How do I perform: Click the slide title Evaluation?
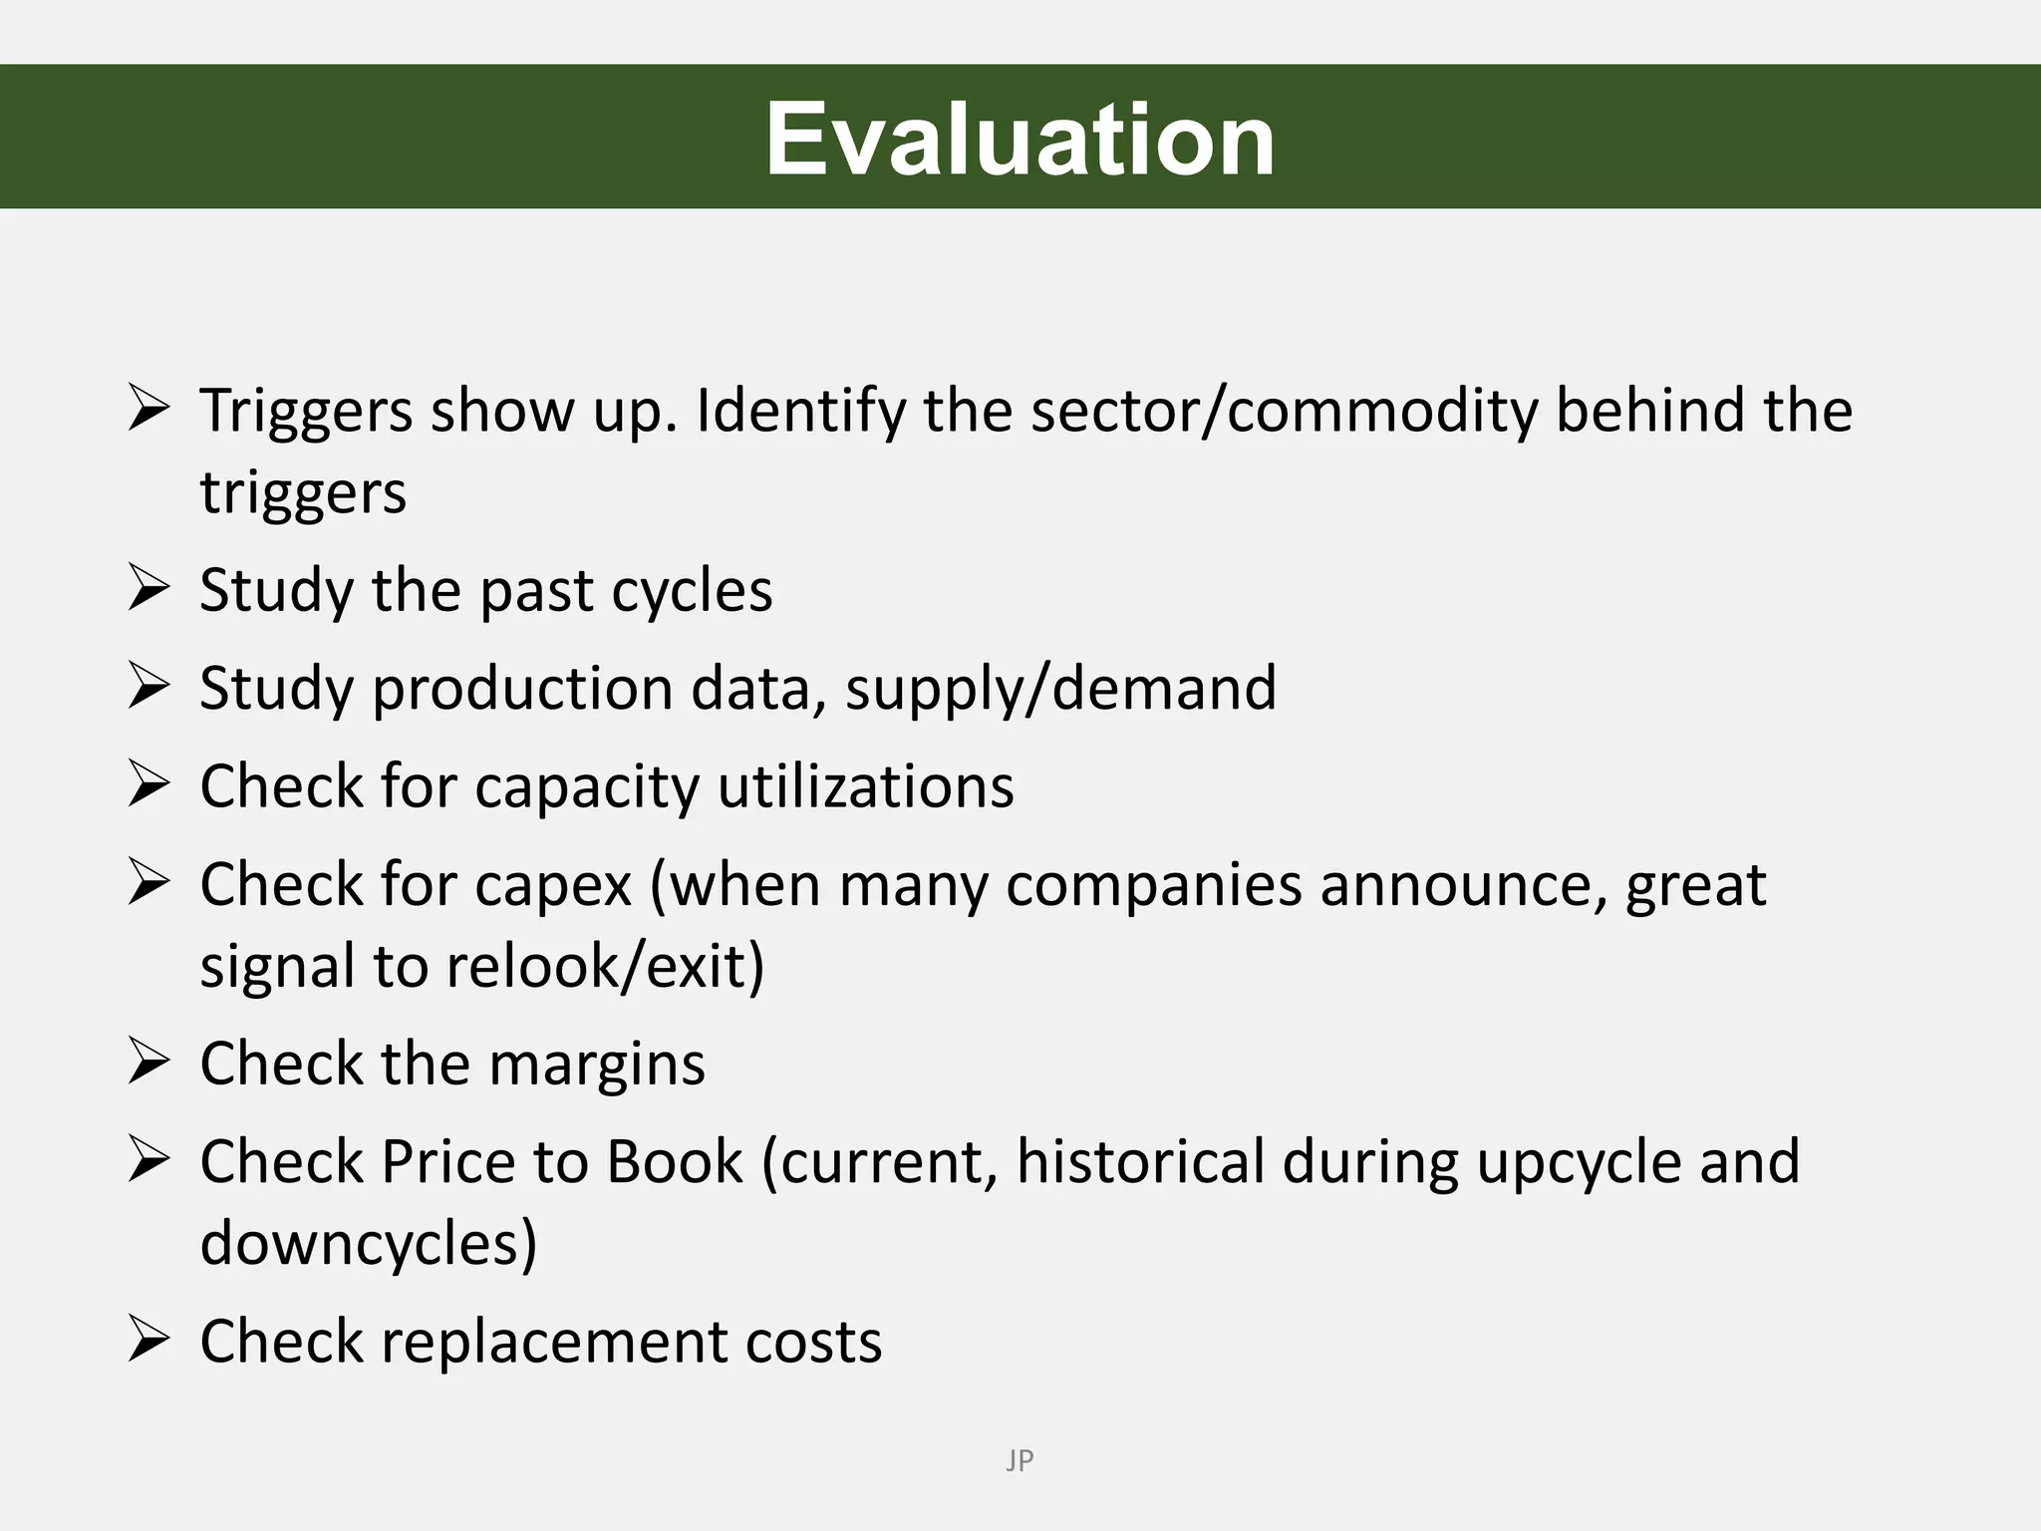1020,139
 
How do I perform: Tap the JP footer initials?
1020,1460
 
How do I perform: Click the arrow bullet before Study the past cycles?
149,588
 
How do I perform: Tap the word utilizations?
865,786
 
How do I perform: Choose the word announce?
1463,885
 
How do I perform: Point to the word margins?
597,1064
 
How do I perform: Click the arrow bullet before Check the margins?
149,1062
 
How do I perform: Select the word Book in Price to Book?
675,1161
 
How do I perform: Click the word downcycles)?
369,1243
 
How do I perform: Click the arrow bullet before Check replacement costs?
149,1339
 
